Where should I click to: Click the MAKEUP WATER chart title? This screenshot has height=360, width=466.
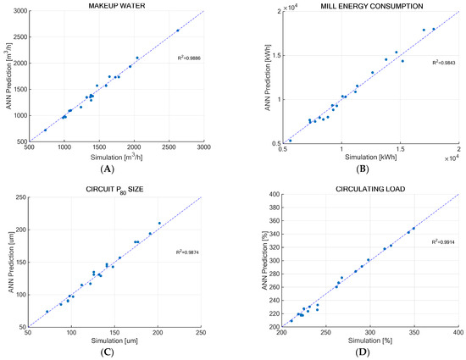pos(116,6)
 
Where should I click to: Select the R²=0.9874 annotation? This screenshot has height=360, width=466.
pos(188,252)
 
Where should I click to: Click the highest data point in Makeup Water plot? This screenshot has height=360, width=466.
pos(177,30)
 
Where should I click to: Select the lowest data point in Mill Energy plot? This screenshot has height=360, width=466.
pos(291,141)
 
